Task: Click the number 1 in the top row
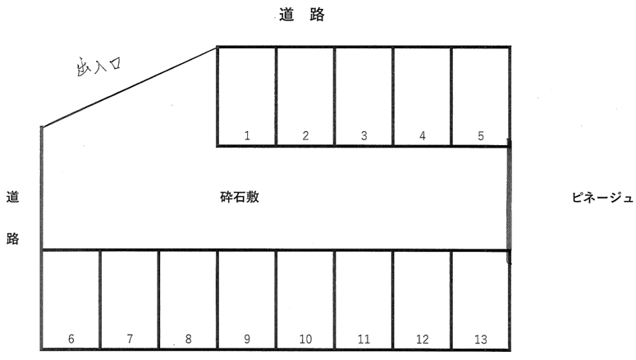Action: tap(247, 136)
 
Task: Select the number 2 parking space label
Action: tap(305, 136)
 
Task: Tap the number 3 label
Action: tap(364, 136)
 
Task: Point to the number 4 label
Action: tap(422, 136)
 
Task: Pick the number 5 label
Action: tap(480, 136)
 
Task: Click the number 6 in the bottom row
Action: tap(71, 339)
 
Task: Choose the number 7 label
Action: tap(130, 339)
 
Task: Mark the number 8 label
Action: tap(188, 339)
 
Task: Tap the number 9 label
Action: tap(246, 339)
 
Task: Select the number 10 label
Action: tap(305, 339)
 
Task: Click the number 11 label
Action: tap(364, 339)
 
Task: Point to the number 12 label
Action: tap(422, 339)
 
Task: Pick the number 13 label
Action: tap(480, 339)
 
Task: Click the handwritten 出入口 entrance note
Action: tap(98, 66)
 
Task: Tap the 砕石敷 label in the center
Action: tap(240, 198)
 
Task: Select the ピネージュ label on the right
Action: tap(602, 198)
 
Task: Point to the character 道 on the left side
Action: tap(13, 197)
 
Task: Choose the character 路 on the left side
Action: tap(13, 239)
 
